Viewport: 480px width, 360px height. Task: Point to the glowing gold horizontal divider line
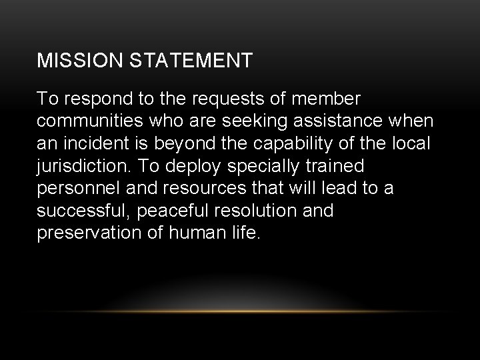point(240,311)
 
